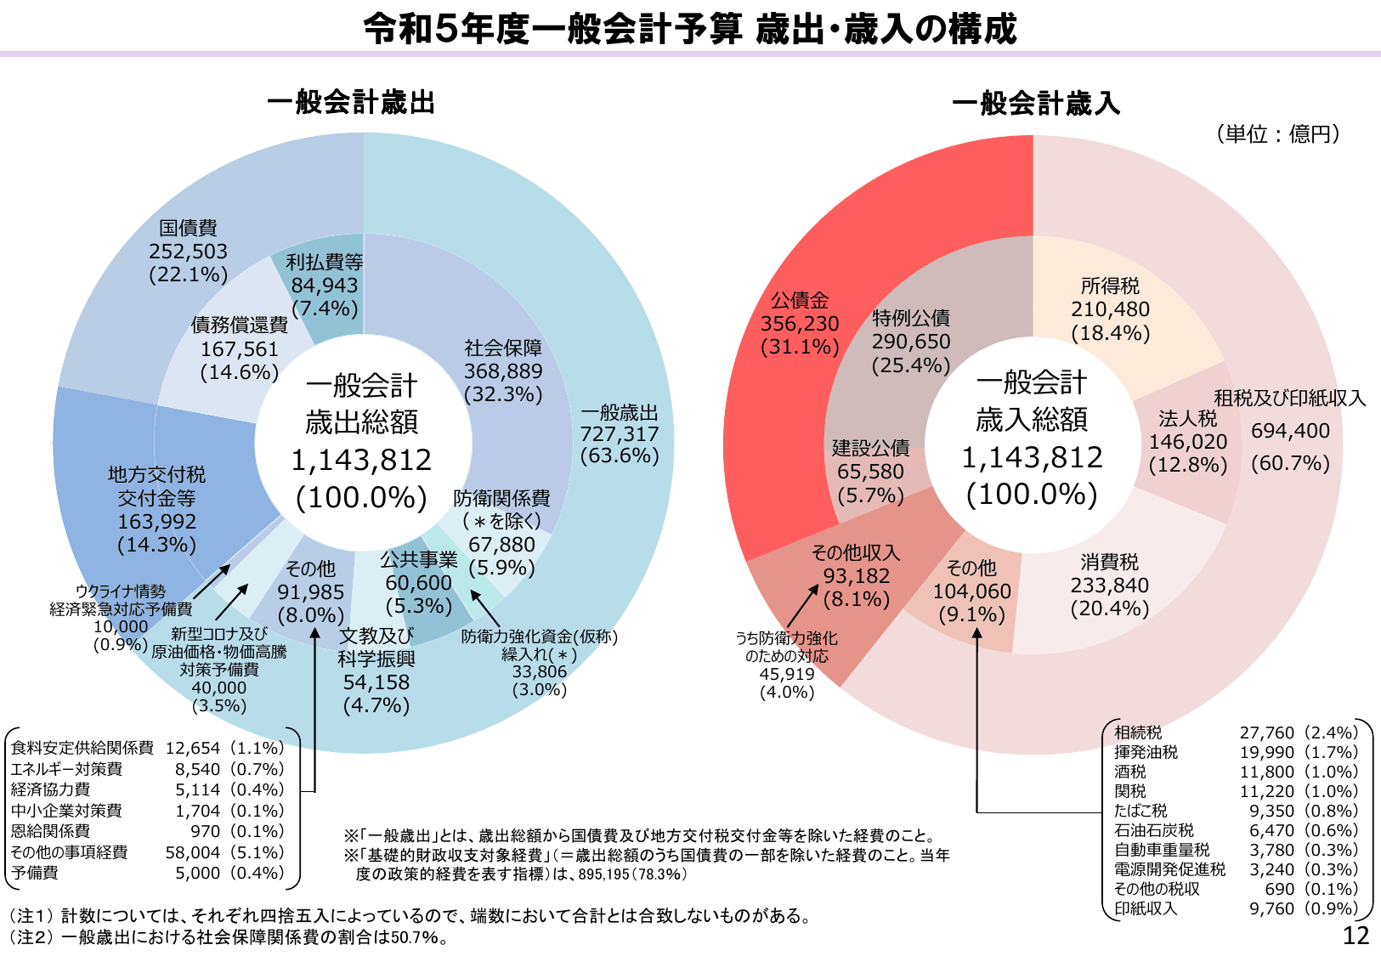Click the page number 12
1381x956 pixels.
coord(1356,936)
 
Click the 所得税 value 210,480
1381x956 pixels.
coord(1110,310)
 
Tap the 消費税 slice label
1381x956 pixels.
coord(1109,563)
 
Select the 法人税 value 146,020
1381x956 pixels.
coord(1188,442)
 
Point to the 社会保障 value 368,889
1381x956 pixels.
coord(503,371)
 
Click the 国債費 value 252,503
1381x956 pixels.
coord(188,252)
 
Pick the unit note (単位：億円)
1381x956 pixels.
coord(1278,134)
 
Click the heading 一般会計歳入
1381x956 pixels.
coord(1036,104)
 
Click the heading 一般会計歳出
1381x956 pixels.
coord(351,103)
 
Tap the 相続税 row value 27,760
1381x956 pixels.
coord(1266,733)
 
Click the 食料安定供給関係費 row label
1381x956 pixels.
coord(82,748)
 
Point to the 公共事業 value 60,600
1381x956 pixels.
coord(418,583)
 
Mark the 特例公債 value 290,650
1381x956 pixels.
coord(911,342)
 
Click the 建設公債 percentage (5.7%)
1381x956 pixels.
coord(870,495)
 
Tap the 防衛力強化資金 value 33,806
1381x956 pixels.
coord(539,671)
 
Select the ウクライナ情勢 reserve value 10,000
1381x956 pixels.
coord(120,627)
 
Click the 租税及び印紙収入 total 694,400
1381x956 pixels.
coord(1290,432)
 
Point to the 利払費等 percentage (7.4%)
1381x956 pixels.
coord(325,308)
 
